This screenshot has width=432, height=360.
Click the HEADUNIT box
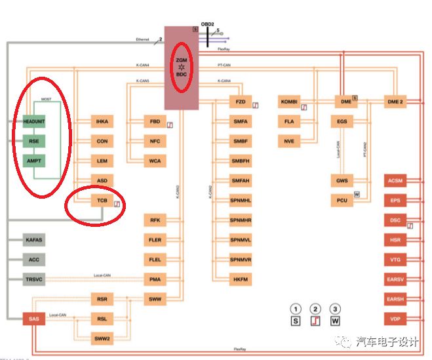point(35,122)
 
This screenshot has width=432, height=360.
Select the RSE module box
point(35,141)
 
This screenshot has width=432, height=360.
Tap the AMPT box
point(35,161)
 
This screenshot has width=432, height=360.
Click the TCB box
point(102,200)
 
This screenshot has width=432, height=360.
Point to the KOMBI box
point(289,102)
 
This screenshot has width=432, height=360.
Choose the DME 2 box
point(397,102)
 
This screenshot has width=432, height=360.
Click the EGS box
point(342,122)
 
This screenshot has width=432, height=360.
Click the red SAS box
point(34,319)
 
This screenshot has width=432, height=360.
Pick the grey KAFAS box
point(34,241)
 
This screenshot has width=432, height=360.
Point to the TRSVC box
point(34,280)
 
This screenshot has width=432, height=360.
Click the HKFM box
point(240,280)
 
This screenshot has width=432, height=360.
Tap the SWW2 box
point(102,339)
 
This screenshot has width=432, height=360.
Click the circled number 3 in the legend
point(336,308)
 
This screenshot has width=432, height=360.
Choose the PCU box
point(342,200)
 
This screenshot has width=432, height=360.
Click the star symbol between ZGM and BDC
point(182,68)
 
